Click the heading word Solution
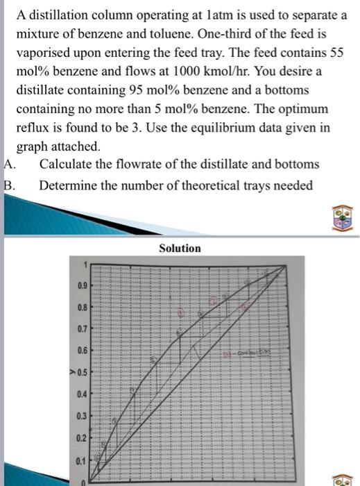(180, 248)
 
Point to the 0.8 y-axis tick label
(81, 305)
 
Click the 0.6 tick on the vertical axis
(81, 350)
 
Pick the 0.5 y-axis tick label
(81, 371)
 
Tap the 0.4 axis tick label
(81, 394)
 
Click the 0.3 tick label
(81, 416)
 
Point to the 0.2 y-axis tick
(81, 438)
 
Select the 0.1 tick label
(81, 460)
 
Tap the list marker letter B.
(8, 185)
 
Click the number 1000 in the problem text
(211, 72)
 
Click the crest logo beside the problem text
(344, 217)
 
